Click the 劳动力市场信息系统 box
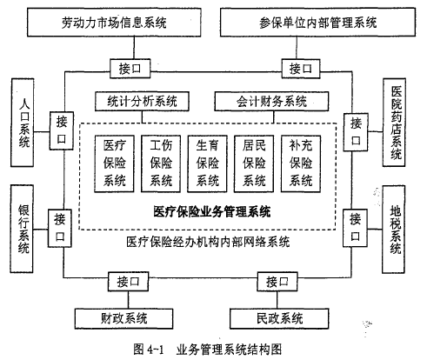pos(114,23)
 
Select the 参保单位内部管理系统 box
pos(317,23)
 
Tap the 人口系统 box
pos(23,123)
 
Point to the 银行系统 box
pos(22,229)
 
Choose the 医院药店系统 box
pos(394,123)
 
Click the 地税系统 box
pos(393,230)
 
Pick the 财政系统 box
pos(124,318)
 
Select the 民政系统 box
pos(279,318)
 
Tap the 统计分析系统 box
pos(142,102)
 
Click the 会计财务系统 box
pos(271,102)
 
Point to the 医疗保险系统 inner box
pos(115,163)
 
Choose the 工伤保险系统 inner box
pos(161,163)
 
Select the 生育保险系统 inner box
pos(207,163)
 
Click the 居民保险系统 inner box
pos(254,163)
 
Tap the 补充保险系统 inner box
pos(301,163)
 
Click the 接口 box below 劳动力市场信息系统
pos(130,69)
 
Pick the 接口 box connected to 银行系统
pos(60,229)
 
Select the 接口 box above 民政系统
pos(277,282)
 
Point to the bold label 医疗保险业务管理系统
pos(212,211)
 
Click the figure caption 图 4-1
pos(149,350)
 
